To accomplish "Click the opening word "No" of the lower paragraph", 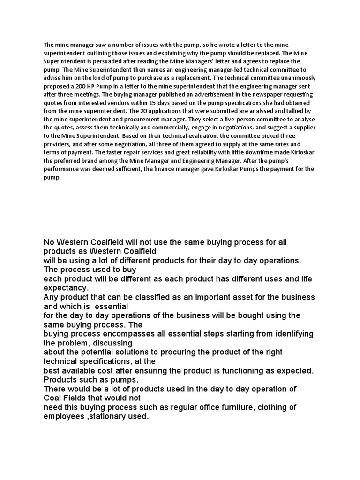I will coord(49,242).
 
